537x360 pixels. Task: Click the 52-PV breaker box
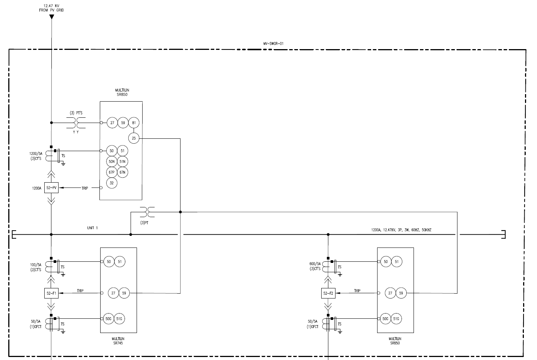pyautogui.click(x=51, y=187)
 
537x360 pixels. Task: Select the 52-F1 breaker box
pyautogui.click(x=51, y=293)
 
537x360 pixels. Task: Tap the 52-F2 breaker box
pyautogui.click(x=328, y=293)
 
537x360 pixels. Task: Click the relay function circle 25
pyautogui.click(x=134, y=138)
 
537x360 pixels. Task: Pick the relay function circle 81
pyautogui.click(x=134, y=123)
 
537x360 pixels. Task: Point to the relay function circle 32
pyautogui.click(x=112, y=183)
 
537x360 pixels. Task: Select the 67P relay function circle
pyautogui.click(x=112, y=172)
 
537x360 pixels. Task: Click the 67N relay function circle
pyautogui.click(x=123, y=172)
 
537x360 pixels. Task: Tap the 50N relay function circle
pyautogui.click(x=112, y=162)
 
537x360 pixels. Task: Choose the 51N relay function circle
pyautogui.click(x=123, y=162)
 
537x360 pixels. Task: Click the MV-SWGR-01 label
pyautogui.click(x=273, y=43)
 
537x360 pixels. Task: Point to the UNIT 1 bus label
pyautogui.click(x=92, y=228)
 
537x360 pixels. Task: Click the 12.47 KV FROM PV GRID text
pyautogui.click(x=51, y=8)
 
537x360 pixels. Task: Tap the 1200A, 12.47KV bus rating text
pyautogui.click(x=401, y=229)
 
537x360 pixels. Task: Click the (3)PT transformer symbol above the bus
pyautogui.click(x=147, y=212)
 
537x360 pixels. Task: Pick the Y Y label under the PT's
pyautogui.click(x=76, y=132)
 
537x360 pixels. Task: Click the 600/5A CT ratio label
pyautogui.click(x=315, y=264)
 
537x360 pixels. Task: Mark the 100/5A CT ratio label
pyautogui.click(x=36, y=264)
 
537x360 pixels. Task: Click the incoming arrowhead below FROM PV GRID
pyautogui.click(x=52, y=16)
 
